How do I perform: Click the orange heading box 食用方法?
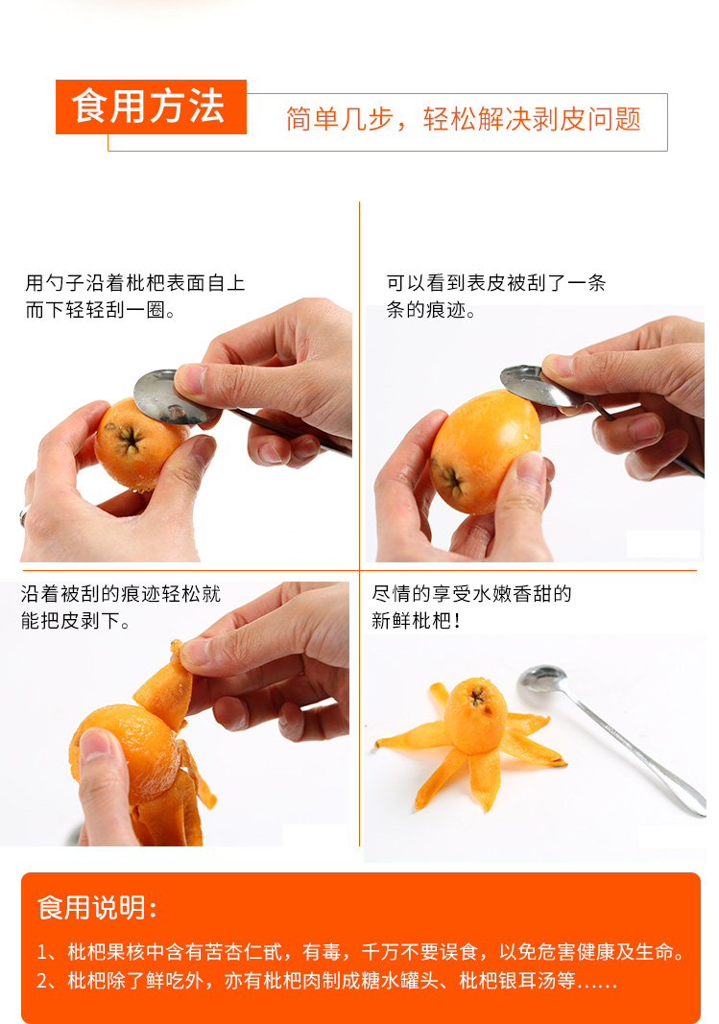point(151,107)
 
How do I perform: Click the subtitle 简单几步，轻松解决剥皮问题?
point(464,119)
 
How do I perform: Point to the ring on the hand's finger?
point(23,514)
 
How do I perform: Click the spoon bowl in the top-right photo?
point(537,385)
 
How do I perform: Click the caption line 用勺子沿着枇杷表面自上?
point(135,283)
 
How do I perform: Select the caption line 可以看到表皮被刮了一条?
point(496,283)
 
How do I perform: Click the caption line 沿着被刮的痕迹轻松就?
point(121,594)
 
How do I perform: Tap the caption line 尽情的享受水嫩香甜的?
point(471,594)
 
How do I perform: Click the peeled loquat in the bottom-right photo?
point(475,716)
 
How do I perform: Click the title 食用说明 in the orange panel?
point(97,908)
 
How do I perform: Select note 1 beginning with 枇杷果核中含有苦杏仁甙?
point(361,951)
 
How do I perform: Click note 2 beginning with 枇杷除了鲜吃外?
point(326,980)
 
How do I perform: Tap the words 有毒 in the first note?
point(322,951)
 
